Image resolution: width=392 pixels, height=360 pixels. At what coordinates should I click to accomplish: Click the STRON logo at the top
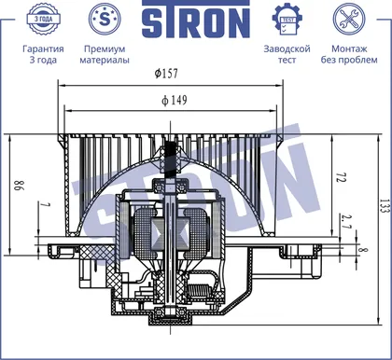196,20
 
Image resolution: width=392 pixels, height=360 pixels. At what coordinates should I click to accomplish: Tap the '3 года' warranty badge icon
43,19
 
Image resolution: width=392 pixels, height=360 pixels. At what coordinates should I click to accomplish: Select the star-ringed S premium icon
105,19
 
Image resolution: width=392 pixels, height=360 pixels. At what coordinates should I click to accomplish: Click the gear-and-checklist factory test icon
287,20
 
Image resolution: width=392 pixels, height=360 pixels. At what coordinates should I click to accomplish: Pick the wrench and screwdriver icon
349,19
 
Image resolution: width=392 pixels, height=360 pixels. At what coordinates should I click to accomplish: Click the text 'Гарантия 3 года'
43,54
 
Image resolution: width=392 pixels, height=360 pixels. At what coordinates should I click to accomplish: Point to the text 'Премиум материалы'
105,54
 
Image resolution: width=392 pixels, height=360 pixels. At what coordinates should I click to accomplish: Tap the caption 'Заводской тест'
287,54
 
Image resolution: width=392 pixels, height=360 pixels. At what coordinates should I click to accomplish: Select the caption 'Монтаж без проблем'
349,54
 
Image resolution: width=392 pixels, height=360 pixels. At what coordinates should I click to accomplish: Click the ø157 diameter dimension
166,74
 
